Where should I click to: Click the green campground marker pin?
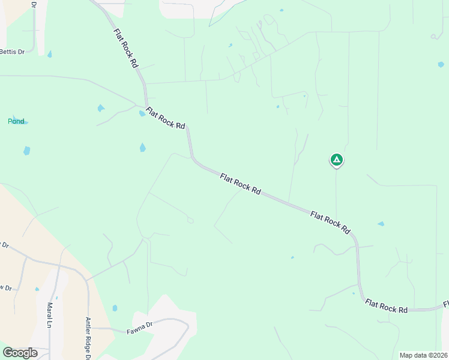(x=337, y=160)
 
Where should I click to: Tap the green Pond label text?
(x=16, y=121)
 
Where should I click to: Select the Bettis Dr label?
(x=12, y=52)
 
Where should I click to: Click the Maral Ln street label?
(x=50, y=315)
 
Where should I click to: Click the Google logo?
(x=20, y=353)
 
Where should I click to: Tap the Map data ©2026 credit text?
(x=424, y=355)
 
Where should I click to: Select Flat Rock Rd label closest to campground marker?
(x=330, y=222)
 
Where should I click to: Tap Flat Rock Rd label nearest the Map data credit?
(x=387, y=307)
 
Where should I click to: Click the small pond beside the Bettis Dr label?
(x=49, y=54)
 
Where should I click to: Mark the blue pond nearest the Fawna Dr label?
(x=115, y=308)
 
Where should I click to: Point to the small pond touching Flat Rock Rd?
(x=142, y=113)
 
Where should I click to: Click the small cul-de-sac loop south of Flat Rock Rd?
(x=190, y=220)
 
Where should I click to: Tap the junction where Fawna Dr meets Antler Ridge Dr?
(x=89, y=328)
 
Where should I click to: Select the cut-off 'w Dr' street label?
(x=5, y=287)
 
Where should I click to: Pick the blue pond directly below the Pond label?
(x=26, y=150)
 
